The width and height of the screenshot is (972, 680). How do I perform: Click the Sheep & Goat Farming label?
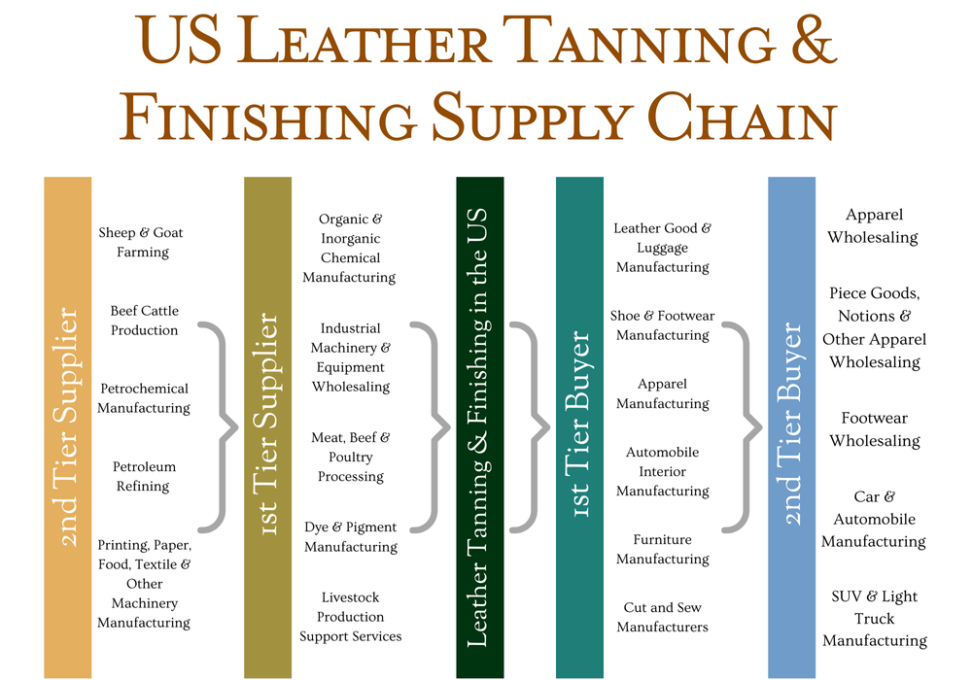click(x=141, y=242)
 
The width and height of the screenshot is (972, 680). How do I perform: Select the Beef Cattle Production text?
click(x=144, y=321)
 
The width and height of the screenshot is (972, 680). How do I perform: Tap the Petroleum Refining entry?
click(x=143, y=476)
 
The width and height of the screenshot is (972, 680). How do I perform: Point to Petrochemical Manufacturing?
click(x=144, y=398)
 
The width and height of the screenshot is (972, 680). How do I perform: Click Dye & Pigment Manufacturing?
click(x=350, y=536)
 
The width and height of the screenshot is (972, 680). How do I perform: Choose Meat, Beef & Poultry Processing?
click(x=350, y=457)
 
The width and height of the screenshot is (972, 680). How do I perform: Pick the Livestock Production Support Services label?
click(x=350, y=617)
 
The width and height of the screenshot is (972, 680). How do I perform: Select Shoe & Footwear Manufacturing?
click(x=662, y=325)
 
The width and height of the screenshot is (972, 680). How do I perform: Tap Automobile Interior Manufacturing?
click(x=662, y=471)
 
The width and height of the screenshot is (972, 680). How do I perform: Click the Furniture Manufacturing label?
click(x=662, y=549)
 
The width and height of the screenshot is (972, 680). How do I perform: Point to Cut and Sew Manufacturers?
click(x=662, y=617)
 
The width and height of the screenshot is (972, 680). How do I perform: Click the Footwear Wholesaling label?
click(x=874, y=429)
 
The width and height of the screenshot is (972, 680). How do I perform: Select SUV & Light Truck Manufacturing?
click(x=874, y=618)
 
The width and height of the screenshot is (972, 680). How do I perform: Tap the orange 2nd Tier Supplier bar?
click(x=67, y=427)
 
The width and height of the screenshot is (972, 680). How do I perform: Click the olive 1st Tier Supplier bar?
click(x=267, y=427)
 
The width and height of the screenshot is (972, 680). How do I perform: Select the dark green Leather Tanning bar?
click(x=479, y=427)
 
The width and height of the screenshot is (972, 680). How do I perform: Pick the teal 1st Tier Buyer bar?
click(x=579, y=427)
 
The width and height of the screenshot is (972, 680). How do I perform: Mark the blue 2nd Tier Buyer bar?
click(x=791, y=427)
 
